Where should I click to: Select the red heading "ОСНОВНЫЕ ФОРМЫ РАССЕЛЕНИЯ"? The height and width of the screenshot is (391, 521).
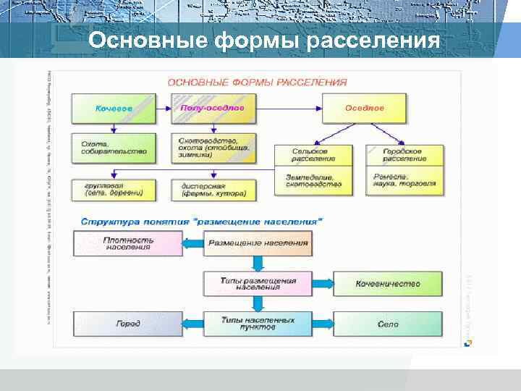[257, 83]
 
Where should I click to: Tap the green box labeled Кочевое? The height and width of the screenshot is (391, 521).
[114, 108]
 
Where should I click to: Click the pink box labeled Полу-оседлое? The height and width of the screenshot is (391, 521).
[213, 108]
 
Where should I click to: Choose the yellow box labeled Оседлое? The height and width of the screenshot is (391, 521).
[364, 108]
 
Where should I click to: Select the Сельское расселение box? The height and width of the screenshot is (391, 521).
[313, 155]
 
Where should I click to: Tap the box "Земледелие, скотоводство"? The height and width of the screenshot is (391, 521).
[313, 180]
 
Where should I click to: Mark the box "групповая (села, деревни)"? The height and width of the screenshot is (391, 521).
[114, 189]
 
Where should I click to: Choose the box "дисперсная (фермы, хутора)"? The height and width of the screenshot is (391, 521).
[213, 189]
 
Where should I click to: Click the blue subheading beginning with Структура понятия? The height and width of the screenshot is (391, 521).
[202, 219]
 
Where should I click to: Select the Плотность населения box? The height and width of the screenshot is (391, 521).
[127, 243]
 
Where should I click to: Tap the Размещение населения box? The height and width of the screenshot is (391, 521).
[258, 243]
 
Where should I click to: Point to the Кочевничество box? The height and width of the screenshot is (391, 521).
[387, 284]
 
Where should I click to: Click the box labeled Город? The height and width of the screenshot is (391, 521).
[127, 324]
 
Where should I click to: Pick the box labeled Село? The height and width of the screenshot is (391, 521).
[387, 324]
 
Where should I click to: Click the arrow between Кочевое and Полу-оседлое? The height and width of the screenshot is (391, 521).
[164, 108]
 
